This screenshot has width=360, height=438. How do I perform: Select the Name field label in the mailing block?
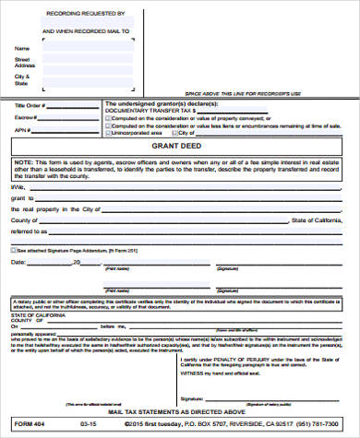[21, 47]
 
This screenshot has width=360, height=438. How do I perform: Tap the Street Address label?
[23, 62]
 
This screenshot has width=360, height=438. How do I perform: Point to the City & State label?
[21, 78]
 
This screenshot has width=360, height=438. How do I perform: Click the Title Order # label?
[29, 105]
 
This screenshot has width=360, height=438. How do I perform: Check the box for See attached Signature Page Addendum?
[14, 250]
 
